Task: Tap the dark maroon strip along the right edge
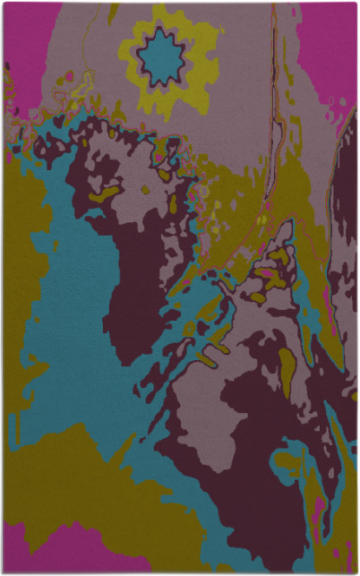(x=345, y=224)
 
